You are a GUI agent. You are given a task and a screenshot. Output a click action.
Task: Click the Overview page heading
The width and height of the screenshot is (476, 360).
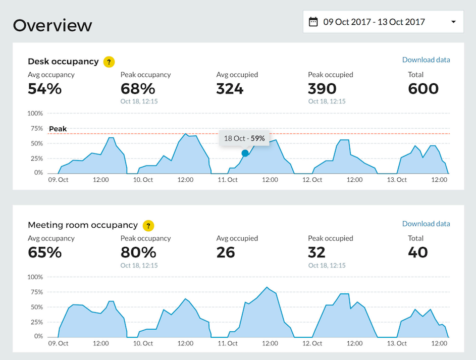click(52, 25)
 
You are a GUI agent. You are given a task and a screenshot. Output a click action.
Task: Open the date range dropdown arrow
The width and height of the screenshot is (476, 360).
click(453, 22)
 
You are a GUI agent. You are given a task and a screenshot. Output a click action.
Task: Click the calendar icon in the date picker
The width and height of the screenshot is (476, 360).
click(313, 22)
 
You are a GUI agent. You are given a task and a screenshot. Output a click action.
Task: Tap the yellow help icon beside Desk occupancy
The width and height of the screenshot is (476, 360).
click(109, 62)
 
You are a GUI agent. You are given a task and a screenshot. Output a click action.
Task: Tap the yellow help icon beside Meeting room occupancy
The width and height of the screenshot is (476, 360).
click(148, 225)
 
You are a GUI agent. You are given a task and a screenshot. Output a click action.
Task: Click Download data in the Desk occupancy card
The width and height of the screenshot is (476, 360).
click(426, 60)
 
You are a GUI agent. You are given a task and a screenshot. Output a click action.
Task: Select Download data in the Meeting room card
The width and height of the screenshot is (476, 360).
click(426, 224)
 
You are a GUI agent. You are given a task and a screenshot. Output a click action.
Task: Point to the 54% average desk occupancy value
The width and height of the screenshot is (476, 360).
click(44, 89)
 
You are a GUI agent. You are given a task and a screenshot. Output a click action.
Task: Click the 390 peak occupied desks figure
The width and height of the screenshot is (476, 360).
click(322, 89)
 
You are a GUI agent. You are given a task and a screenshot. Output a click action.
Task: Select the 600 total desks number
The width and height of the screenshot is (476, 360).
click(423, 89)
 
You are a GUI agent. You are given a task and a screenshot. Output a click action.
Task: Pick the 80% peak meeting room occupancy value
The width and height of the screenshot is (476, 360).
click(138, 252)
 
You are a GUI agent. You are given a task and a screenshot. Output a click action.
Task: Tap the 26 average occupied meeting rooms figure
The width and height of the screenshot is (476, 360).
click(226, 252)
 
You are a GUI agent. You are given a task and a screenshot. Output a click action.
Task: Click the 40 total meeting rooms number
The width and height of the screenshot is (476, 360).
click(417, 252)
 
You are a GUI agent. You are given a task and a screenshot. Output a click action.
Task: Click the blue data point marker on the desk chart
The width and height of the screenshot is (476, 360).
click(245, 153)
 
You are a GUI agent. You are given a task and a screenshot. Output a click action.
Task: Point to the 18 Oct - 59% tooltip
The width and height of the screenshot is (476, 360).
click(244, 138)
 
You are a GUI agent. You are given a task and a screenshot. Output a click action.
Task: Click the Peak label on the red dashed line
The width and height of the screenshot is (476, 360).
click(58, 129)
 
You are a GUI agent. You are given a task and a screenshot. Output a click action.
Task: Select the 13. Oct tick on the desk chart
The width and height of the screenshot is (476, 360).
click(397, 180)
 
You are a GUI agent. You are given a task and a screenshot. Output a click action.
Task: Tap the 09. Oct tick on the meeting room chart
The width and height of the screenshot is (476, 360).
click(59, 343)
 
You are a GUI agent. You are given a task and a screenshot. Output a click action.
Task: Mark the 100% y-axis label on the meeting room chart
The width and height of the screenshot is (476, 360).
click(35, 277)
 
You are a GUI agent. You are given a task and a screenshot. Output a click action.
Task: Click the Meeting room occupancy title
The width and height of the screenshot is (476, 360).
click(83, 225)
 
